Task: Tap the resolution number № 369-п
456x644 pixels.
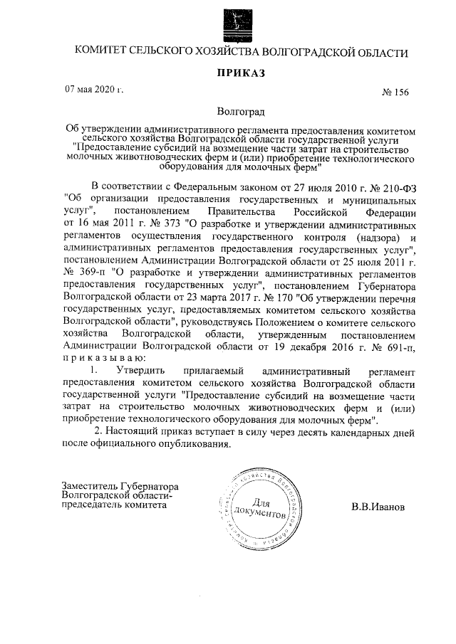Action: [88, 273]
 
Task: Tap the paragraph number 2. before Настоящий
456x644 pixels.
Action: [100, 432]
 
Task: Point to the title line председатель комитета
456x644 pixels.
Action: [115, 505]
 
